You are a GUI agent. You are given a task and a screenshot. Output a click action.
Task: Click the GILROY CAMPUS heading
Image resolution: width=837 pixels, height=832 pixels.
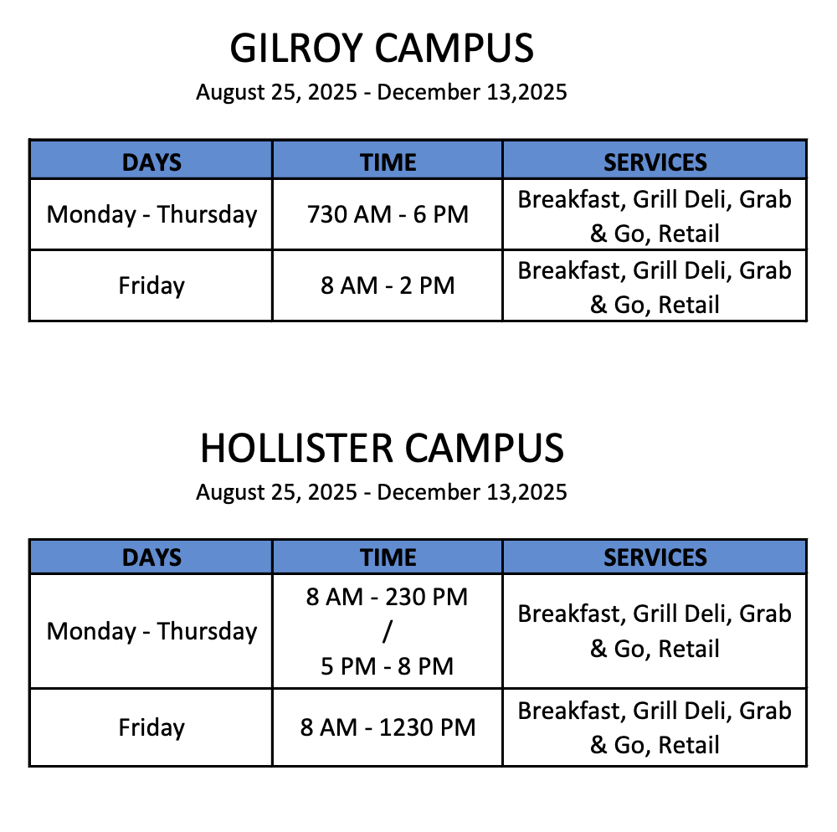tap(382, 48)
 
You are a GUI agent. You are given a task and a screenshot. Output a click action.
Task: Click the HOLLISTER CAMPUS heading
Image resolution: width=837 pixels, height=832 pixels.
tap(382, 449)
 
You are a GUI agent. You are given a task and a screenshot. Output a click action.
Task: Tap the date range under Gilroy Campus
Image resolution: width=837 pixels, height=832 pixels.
tap(381, 92)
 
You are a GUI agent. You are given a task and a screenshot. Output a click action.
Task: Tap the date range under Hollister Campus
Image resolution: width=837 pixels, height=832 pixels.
tap(381, 492)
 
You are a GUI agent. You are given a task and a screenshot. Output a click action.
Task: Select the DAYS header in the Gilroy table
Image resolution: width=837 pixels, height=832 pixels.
tap(151, 162)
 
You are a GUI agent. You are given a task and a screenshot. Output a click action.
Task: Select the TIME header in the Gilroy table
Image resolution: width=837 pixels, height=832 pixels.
tap(388, 162)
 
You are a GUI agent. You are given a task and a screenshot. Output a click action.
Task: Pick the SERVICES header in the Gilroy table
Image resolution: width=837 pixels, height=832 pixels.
tap(655, 162)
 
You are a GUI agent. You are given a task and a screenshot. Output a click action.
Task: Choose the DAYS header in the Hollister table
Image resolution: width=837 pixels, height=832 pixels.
tap(151, 557)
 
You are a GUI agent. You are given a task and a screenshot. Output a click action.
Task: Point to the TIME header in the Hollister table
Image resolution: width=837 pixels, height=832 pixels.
tap(388, 557)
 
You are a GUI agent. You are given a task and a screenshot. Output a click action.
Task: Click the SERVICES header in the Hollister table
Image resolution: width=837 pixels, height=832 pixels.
tap(655, 557)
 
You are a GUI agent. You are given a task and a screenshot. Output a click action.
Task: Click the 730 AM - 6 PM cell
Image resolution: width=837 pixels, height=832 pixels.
tap(388, 214)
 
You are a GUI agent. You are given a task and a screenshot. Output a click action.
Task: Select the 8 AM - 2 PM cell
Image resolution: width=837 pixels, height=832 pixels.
tap(388, 286)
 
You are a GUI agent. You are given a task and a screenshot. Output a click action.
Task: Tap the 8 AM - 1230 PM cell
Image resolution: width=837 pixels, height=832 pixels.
tap(388, 727)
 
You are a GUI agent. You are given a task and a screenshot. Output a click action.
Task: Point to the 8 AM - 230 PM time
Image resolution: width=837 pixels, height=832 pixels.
tap(387, 597)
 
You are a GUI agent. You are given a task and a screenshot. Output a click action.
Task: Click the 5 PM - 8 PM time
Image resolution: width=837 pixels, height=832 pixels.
tap(387, 666)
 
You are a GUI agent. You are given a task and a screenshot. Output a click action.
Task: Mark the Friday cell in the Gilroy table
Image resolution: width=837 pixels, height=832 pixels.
tap(151, 286)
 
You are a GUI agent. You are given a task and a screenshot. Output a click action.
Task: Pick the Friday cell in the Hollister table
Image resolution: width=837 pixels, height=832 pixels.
tap(151, 728)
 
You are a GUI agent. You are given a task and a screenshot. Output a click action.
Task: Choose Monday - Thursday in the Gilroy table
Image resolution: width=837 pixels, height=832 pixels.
tap(151, 215)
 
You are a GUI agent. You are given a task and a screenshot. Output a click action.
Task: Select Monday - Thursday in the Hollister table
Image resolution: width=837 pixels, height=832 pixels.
tap(151, 632)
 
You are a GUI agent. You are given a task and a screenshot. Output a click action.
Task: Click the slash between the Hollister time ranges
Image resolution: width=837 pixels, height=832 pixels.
tap(387, 632)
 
